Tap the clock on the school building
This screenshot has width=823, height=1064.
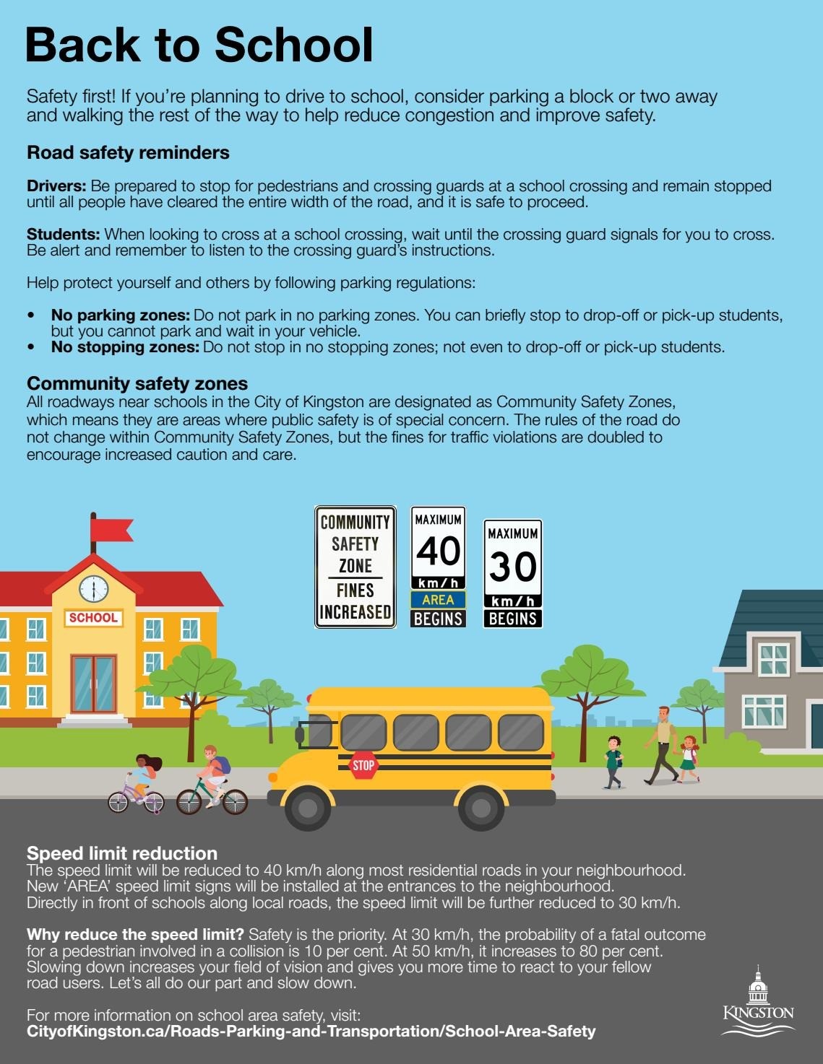93,588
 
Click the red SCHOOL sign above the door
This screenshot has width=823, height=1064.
92,618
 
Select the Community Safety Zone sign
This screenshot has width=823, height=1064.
355,567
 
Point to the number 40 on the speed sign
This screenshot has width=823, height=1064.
438,551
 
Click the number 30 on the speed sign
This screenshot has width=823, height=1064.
512,567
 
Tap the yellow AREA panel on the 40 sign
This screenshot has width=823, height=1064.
438,600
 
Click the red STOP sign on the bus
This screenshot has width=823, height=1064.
363,765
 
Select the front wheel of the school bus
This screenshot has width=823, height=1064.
307,807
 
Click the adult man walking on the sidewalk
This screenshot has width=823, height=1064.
662,745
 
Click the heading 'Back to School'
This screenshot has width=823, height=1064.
199,45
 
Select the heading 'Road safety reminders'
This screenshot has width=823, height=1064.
128,153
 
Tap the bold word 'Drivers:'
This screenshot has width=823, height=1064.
56,186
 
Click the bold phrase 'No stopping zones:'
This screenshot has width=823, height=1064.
124,347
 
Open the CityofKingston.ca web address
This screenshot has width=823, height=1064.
311,1032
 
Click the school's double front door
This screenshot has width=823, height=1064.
93,684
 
